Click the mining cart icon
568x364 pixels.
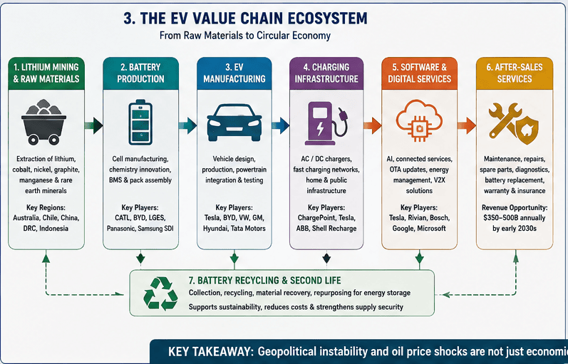pos(44,122)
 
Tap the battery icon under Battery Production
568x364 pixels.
pos(140,122)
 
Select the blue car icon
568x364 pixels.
pos(234,123)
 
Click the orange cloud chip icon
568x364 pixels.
pos(419,121)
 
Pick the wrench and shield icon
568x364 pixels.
pos(514,123)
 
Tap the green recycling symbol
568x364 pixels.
pos(160,293)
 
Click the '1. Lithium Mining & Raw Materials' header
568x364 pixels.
pos(46,73)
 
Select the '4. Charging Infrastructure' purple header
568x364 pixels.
pos(326,73)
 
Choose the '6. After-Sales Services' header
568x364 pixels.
pos(515,73)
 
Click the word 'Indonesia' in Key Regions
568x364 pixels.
pos(53,229)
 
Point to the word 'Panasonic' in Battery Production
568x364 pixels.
pos(120,229)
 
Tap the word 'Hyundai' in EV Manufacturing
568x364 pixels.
pos(216,229)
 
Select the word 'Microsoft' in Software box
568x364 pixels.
pos(431,229)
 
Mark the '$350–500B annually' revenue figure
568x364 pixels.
pos(515,218)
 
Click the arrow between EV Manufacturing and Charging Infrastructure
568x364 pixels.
pos(280,125)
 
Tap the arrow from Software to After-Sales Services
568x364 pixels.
pos(466,125)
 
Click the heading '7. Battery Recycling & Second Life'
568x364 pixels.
pos(265,281)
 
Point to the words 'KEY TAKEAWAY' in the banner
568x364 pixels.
pos(210,352)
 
